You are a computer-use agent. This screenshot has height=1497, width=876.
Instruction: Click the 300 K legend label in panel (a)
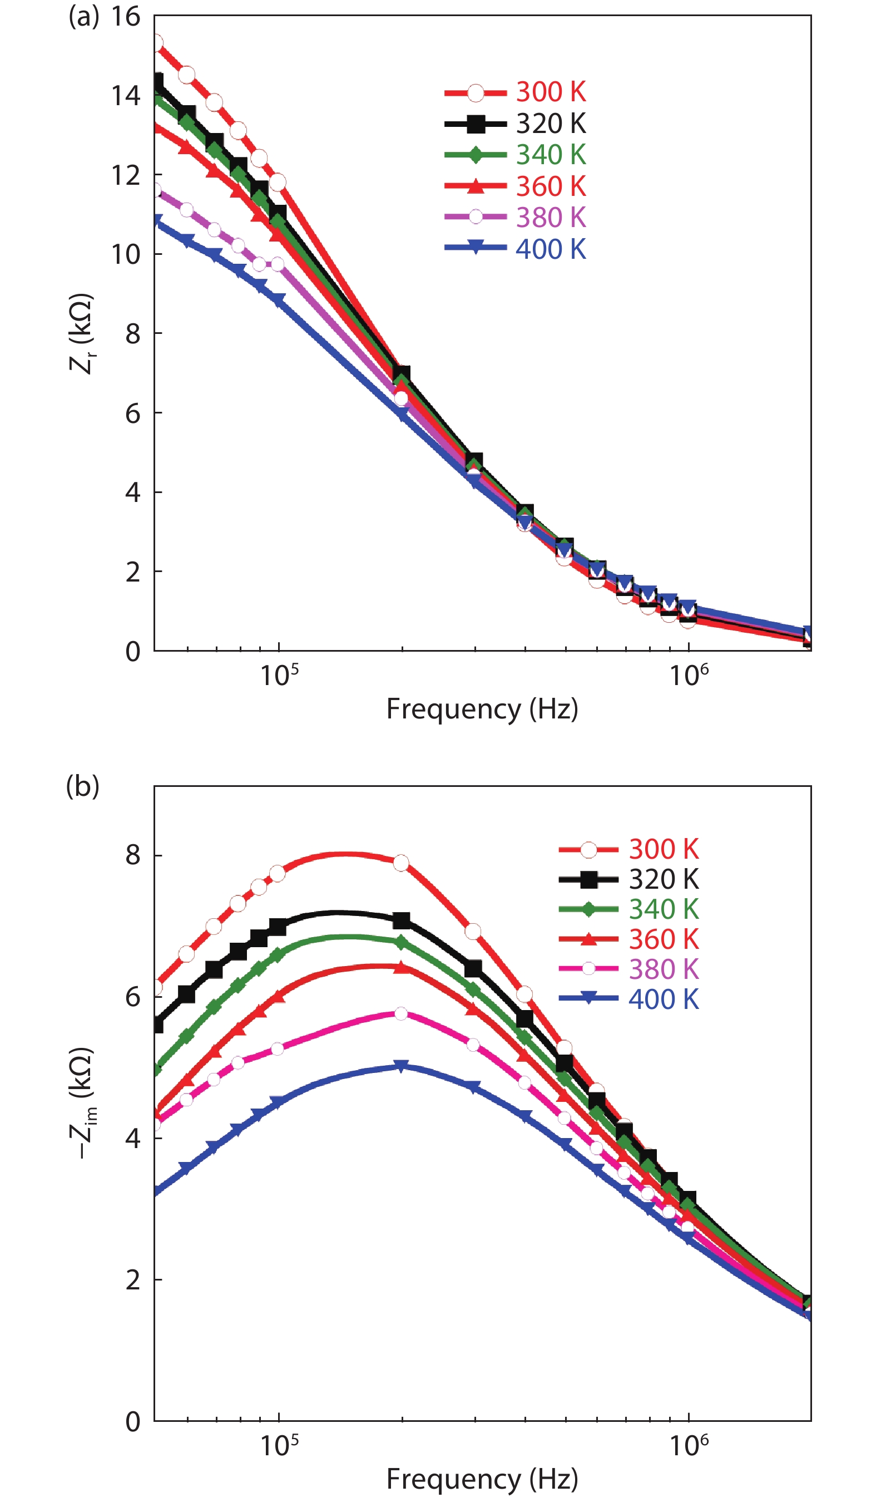[551, 92]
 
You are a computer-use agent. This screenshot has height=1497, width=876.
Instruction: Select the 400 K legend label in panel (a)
[551, 249]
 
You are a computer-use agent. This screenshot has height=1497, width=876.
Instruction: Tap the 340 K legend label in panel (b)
[664, 909]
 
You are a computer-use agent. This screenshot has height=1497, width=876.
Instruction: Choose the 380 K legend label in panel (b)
[664, 969]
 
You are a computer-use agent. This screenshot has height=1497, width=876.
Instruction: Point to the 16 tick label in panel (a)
[125, 17]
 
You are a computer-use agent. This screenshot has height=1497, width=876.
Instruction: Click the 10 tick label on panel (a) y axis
[125, 254]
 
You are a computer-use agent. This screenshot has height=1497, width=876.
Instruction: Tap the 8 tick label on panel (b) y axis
[132, 855]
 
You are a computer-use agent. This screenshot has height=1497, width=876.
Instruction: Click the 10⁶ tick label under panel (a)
[689, 675]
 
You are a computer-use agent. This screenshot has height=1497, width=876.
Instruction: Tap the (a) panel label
[83, 17]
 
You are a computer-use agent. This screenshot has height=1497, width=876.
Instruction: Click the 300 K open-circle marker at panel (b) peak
[401, 863]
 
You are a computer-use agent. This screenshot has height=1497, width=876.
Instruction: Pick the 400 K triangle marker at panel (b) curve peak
[402, 1066]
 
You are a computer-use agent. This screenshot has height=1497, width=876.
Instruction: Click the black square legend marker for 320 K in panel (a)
[475, 124]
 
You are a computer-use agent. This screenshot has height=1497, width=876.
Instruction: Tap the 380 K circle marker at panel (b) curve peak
[401, 1013]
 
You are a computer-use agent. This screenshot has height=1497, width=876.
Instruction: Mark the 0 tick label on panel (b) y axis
[132, 1421]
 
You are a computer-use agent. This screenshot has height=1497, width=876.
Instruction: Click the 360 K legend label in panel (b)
[664, 939]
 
